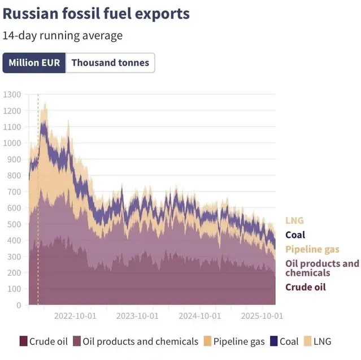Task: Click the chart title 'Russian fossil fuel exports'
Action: click(x=96, y=14)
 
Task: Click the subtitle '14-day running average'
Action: click(x=63, y=36)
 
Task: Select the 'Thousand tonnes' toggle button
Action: click(x=110, y=63)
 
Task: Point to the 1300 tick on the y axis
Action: click(x=12, y=94)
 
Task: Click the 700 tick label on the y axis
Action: click(x=14, y=192)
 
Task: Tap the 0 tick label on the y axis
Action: click(x=19, y=305)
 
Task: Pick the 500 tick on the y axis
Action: click(x=14, y=224)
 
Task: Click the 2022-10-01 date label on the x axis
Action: click(x=75, y=316)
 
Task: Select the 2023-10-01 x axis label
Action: click(x=137, y=316)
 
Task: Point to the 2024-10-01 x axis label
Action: click(x=200, y=316)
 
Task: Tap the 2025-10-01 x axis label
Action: click(x=262, y=316)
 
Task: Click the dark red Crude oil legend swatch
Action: click(x=24, y=341)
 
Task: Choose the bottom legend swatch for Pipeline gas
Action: click(x=207, y=341)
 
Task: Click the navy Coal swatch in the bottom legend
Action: click(x=274, y=341)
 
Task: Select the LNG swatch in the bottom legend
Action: click(x=307, y=341)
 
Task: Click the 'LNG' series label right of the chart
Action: click(x=294, y=220)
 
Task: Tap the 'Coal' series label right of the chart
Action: click(x=295, y=235)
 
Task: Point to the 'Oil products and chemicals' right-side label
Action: click(x=322, y=268)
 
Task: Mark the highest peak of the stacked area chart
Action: click(x=45, y=103)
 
